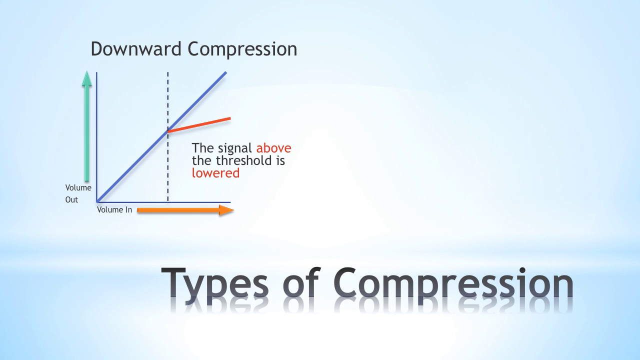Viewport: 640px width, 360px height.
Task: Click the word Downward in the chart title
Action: click(136, 48)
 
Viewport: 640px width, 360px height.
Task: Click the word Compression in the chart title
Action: click(242, 49)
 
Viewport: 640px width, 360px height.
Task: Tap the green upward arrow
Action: click(87, 126)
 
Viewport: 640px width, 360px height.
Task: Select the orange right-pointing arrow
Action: click(185, 210)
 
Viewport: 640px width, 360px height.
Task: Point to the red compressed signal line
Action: click(199, 125)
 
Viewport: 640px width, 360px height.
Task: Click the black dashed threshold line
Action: click(167, 137)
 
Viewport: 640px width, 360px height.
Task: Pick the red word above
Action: click(273, 148)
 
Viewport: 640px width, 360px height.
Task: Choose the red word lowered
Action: click(215, 173)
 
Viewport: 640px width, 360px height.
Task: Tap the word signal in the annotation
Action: click(235, 148)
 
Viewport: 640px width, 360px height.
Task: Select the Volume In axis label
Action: click(114, 209)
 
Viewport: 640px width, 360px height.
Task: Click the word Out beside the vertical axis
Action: click(71, 199)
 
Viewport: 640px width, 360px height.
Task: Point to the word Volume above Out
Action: click(78, 187)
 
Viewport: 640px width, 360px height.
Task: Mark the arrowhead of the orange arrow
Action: click(227, 210)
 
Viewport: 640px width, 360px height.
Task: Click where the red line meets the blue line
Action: click(167, 131)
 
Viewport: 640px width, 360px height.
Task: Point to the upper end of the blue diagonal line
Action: click(226, 72)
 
